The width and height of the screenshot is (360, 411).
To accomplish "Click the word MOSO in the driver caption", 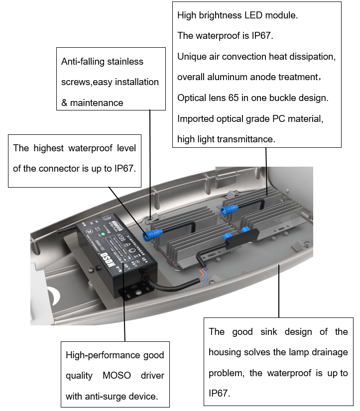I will (119, 376).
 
